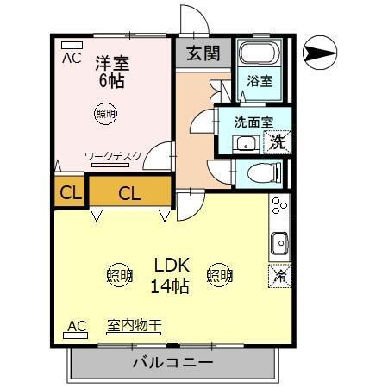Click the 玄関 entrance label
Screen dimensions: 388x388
pyautogui.click(x=203, y=53)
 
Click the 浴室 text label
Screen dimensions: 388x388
pyautogui.click(x=260, y=82)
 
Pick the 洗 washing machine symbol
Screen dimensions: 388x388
pyautogui.click(x=278, y=141)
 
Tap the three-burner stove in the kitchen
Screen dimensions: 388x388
pyautogui.click(x=279, y=207)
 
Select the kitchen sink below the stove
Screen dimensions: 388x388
pyautogui.click(x=279, y=243)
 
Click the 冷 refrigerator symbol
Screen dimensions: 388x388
pyautogui.click(x=279, y=276)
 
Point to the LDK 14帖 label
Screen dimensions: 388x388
pyautogui.click(x=172, y=275)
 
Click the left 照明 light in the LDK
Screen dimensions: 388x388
pyautogui.click(x=120, y=276)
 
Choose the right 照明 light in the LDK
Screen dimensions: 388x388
pyautogui.click(x=220, y=276)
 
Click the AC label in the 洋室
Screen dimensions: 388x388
pyautogui.click(x=72, y=59)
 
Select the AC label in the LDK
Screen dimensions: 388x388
pyautogui.click(x=77, y=326)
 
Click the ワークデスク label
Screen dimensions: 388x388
pyautogui.click(x=112, y=157)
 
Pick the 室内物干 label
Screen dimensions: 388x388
pyautogui.click(x=134, y=326)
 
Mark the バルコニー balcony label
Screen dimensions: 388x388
pyautogui.click(x=172, y=363)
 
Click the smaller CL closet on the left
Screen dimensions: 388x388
pyautogui.click(x=70, y=193)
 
